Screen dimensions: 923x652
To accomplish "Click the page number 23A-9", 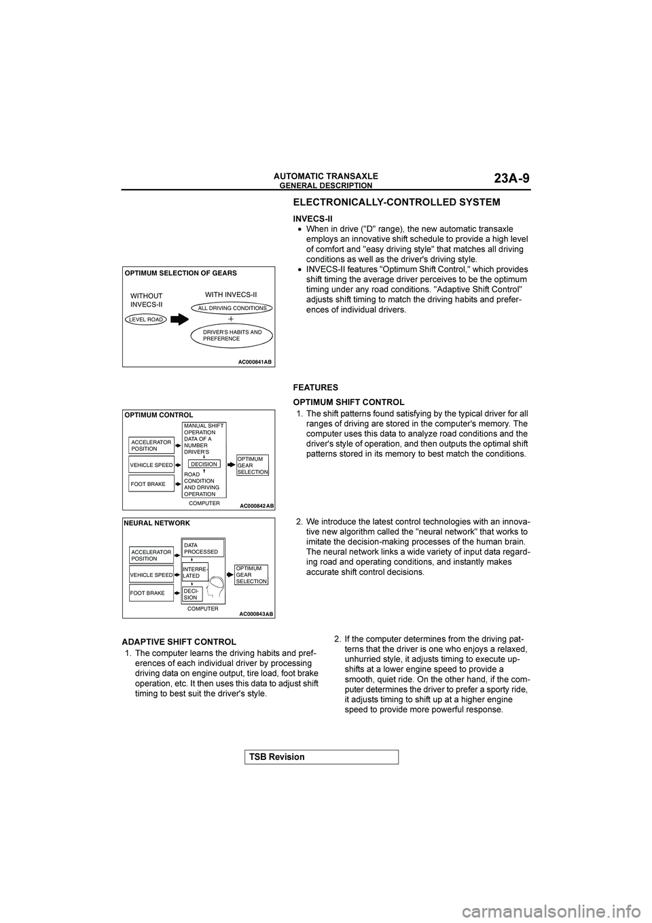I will coord(511,179).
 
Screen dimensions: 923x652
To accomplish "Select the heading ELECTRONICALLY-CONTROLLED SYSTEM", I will coord(396,202).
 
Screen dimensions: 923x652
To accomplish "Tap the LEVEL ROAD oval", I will coord(146,319).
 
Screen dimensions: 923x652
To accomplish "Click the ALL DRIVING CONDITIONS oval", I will coord(232,308).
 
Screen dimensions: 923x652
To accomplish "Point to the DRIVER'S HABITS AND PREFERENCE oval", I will coord(232,335).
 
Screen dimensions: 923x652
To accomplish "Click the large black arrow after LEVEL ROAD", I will coord(180,319).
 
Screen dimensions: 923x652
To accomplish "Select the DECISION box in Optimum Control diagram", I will coord(204,464).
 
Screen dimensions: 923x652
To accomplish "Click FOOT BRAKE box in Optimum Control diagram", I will coord(151,484).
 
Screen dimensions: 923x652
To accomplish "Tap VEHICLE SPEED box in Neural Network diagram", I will coord(151,575).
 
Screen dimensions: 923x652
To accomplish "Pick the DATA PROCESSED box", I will coord(202,548).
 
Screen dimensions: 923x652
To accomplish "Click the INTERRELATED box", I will coord(195,572).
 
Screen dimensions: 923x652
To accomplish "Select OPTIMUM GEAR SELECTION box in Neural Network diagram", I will coord(251,574).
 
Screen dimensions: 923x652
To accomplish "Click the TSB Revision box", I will coord(320,756).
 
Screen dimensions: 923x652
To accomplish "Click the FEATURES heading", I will coord(315,387).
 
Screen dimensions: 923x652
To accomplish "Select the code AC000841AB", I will coord(255,362).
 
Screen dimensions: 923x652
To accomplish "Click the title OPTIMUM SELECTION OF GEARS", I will coord(180,273).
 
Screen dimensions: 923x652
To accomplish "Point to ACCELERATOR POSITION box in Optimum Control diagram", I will coord(151,445).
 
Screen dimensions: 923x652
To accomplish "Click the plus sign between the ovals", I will coord(231,318).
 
